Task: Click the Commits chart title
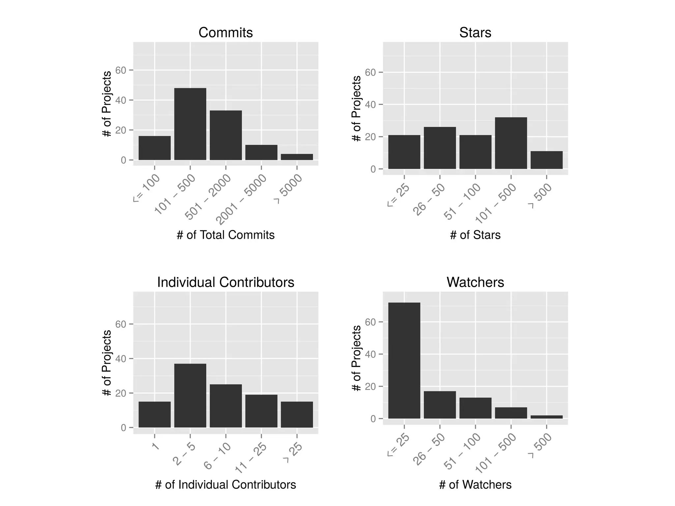[225, 33]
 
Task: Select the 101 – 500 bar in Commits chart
[190, 124]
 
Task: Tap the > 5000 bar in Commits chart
[297, 157]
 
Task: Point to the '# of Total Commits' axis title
[225, 235]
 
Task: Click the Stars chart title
[475, 33]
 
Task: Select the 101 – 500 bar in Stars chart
[511, 143]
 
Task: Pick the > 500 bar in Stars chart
[546, 160]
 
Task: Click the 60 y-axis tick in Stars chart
[370, 73]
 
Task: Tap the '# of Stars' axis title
[475, 235]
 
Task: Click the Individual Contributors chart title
[225, 283]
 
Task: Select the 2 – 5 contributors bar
[190, 396]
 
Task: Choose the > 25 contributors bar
[297, 414]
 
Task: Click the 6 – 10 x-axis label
[218, 456]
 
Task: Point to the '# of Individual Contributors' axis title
[225, 485]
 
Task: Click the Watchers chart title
[475, 283]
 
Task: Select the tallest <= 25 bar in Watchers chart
[404, 360]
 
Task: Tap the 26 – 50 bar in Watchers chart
[440, 405]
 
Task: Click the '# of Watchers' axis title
[475, 485]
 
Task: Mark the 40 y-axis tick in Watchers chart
[370, 354]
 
